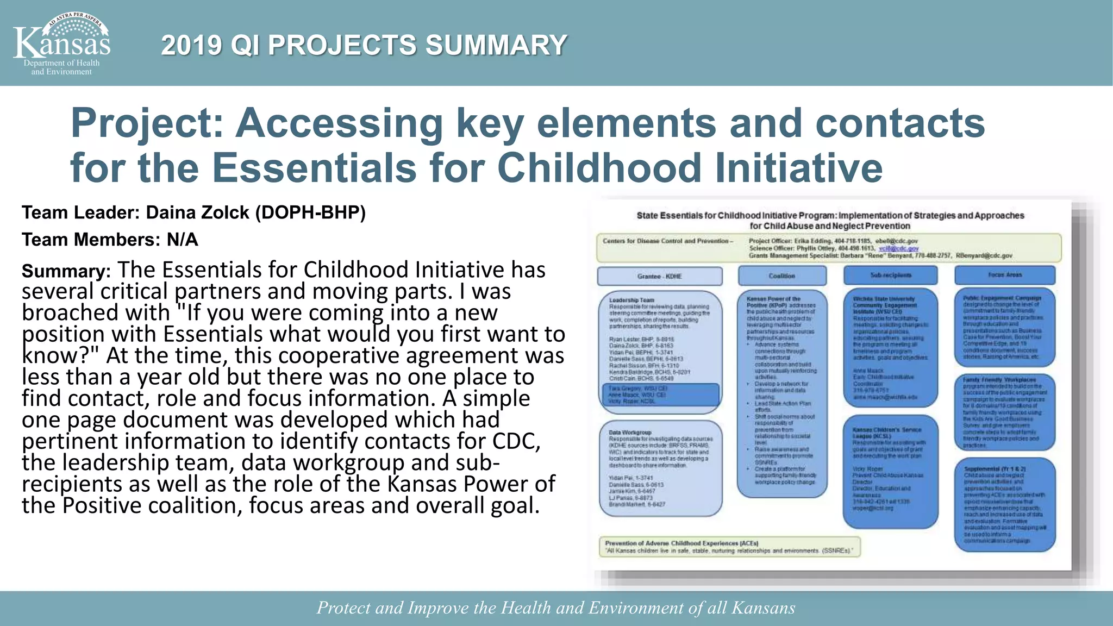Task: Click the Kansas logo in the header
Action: click(x=61, y=43)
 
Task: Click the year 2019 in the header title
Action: click(x=191, y=45)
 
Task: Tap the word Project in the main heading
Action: click(x=147, y=123)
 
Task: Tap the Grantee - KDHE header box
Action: click(x=659, y=276)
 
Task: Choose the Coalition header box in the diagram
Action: click(x=781, y=276)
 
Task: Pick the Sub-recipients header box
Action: click(x=890, y=275)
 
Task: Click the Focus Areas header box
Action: click(x=1005, y=275)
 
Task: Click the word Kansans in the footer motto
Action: click(x=763, y=608)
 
